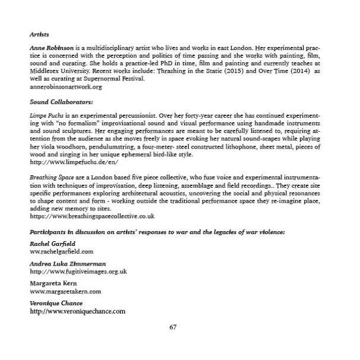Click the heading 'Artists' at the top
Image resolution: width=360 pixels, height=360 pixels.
[39, 35]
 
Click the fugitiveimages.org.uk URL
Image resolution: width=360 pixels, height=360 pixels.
[78, 271]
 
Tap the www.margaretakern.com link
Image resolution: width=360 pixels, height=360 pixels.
[65, 291]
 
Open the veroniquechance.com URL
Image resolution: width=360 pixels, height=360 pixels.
[77, 311]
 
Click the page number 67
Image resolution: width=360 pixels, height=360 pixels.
[173, 327]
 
